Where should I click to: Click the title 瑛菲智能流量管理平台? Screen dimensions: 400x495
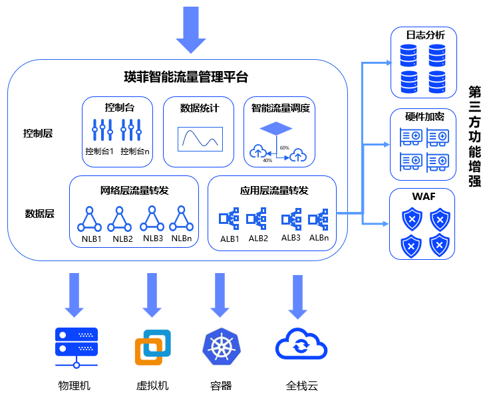pos(186,78)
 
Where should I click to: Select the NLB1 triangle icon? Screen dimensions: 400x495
pos(90,219)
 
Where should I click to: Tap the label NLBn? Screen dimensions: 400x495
pos(182,239)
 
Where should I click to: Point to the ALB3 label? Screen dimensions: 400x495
pos(291,238)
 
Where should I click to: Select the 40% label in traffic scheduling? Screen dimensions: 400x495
pos(267,160)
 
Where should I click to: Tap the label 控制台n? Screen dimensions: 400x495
pos(135,151)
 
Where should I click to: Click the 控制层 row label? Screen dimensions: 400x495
pos(39,133)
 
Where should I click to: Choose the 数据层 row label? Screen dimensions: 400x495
pos(39,213)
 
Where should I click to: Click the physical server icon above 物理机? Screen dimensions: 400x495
pos(75,347)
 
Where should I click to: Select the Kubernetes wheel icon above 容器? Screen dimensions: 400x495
pos(217,347)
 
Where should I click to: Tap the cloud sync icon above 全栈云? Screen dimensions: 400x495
pos(301,346)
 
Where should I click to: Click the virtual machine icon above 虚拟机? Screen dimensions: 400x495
pos(152,347)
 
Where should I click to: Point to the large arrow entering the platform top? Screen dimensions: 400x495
pos(192,30)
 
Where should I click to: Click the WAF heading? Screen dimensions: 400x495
pos(422,197)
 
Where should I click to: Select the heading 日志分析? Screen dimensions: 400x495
pos(421,35)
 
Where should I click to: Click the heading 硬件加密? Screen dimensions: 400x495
pos(421,117)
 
